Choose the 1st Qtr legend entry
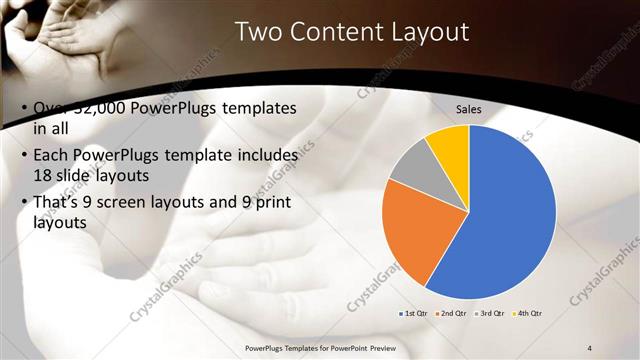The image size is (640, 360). coord(414,314)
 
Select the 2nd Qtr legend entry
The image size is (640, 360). coord(453,314)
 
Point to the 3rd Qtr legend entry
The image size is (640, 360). coord(491,314)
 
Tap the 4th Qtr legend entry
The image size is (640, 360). coord(528,314)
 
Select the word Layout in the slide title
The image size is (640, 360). coord(431,33)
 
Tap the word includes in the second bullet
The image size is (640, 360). coord(264,157)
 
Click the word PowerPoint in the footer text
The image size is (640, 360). coord(350,348)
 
